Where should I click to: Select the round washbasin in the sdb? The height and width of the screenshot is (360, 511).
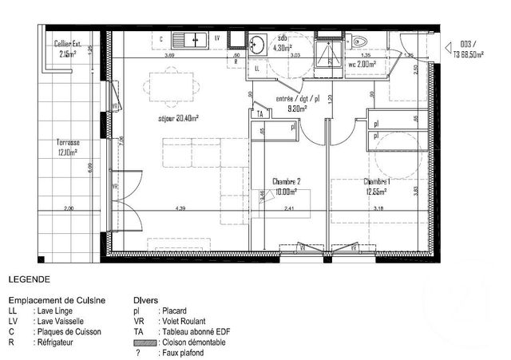pyautogui.click(x=257, y=45)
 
